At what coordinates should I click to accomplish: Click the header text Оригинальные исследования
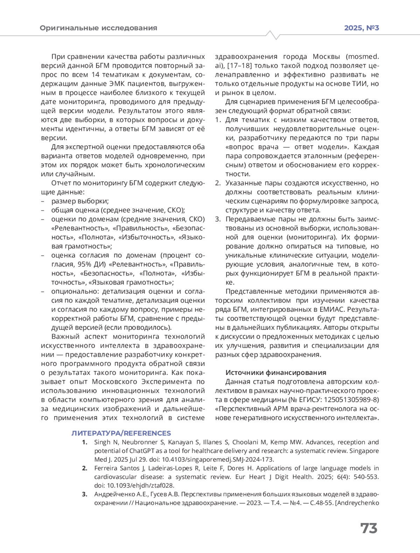[98, 28]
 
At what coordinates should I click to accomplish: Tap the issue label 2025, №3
[362, 28]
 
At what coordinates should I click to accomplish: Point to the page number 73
[369, 528]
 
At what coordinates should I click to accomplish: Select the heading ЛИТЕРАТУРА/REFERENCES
[121, 433]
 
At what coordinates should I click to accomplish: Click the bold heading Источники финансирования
[276, 373]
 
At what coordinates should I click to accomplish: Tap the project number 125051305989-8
[352, 399]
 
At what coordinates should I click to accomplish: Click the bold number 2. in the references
[84, 468]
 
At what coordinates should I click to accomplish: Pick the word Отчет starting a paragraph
[61, 183]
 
